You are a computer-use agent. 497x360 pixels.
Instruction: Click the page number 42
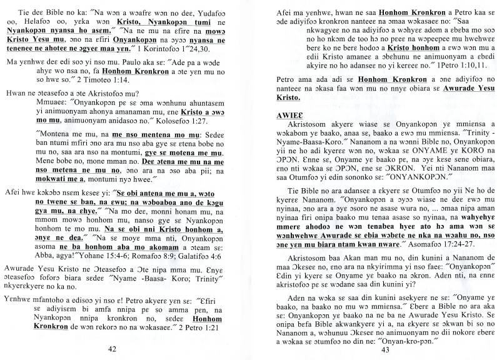tap(113, 348)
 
